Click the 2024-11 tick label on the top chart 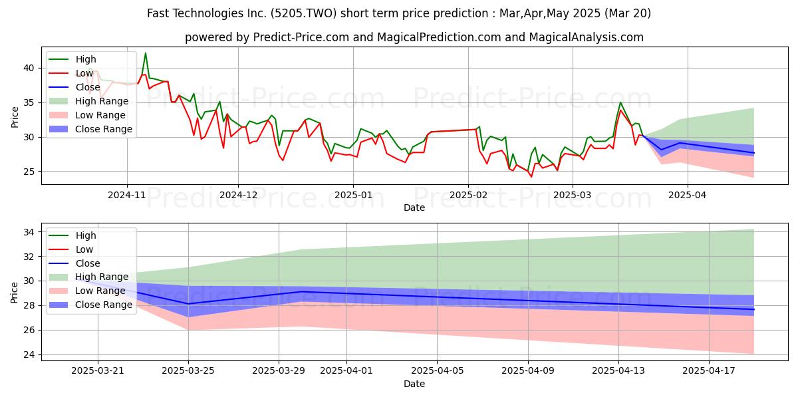click(127, 196)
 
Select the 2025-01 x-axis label click(353, 196)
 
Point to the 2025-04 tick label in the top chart click(688, 196)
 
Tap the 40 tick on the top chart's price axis click(29, 68)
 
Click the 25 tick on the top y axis click(29, 172)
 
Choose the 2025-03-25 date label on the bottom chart click(188, 371)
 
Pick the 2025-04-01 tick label click(346, 371)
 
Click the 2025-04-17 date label click(709, 371)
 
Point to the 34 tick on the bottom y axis click(29, 232)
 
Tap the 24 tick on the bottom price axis click(29, 355)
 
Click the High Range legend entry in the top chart click(88, 101)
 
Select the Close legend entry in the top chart click(74, 87)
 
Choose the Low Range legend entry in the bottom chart click(87, 291)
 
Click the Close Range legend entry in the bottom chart click(90, 305)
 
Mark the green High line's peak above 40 click(146, 53)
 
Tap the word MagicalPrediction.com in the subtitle click(439, 37)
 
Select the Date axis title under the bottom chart click(414, 384)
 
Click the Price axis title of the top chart click(15, 117)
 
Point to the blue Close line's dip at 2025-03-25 click(188, 304)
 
